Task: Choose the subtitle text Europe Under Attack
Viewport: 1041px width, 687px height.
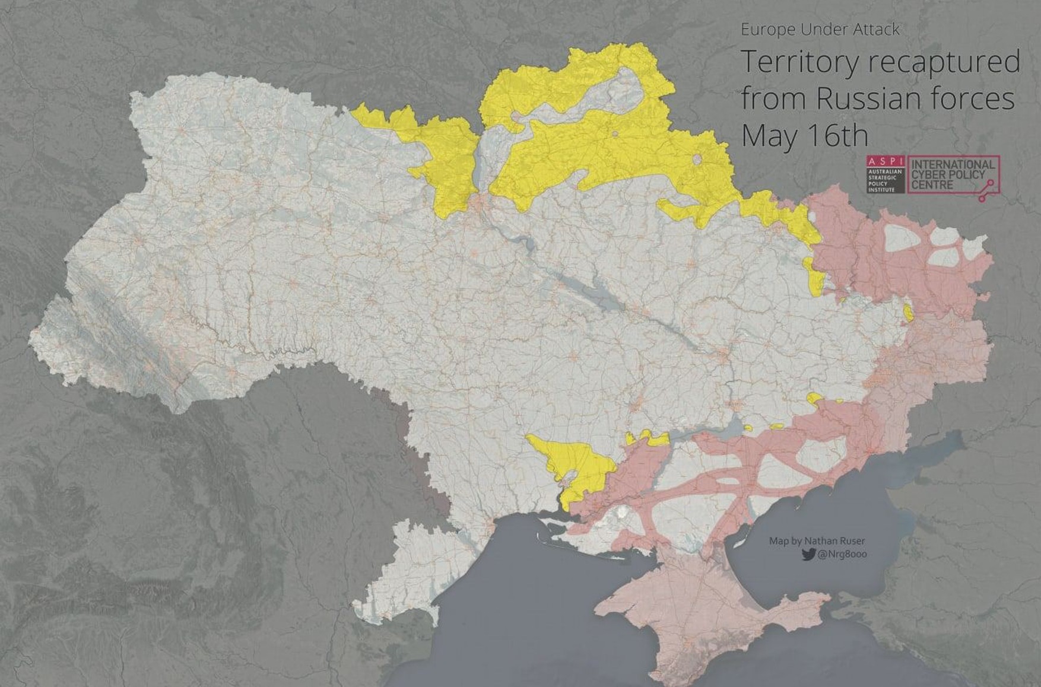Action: tap(820, 29)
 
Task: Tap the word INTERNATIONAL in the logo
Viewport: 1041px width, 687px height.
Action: tap(952, 164)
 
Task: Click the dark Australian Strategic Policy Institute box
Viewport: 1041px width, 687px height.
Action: tap(885, 180)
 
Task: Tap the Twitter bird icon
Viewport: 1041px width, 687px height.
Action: tap(807, 554)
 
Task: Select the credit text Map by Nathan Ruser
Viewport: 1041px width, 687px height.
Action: tap(817, 540)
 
